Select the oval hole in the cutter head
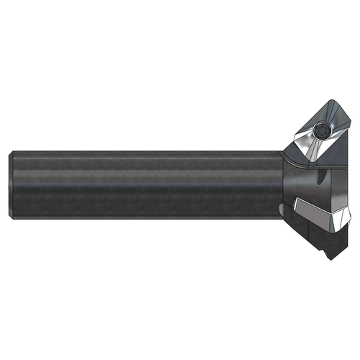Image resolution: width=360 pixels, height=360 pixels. pyautogui.click(x=317, y=177)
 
